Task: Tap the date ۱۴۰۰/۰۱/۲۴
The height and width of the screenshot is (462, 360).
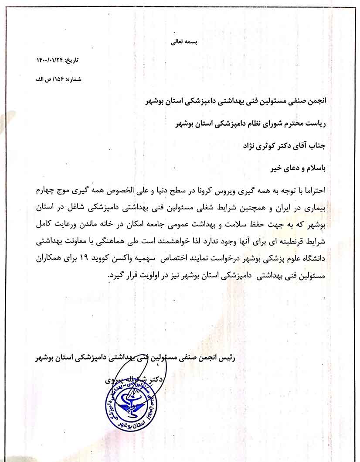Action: [x=49, y=60]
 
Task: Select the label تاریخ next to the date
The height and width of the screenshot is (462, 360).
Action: [x=72, y=60]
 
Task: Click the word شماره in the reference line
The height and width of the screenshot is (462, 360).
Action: [x=73, y=79]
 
